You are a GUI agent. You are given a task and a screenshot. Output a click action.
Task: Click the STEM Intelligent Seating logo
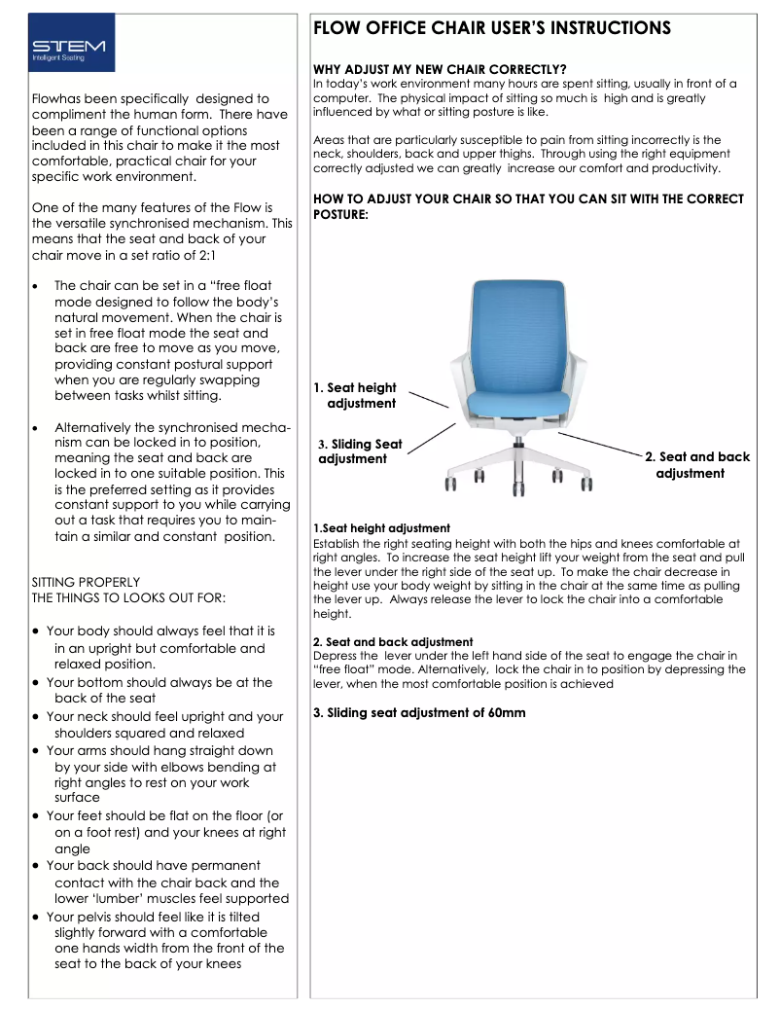pos(71,43)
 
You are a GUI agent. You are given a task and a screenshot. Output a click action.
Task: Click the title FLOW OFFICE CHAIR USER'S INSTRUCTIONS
pos(491,28)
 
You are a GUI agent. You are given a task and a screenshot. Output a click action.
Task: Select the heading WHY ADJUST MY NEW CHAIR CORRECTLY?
pos(440,69)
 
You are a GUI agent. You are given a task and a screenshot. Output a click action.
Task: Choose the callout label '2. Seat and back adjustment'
pos(697,464)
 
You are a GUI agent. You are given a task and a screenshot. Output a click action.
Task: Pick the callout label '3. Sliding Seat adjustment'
pos(360,451)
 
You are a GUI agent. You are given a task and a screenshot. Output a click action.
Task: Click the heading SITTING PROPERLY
pos(86,582)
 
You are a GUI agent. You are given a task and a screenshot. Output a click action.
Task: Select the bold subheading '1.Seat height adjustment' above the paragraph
pos(381,528)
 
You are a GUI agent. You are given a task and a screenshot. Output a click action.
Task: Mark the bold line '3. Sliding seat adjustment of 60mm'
pos(419,712)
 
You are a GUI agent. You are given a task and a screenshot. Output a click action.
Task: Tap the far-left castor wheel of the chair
pos(450,483)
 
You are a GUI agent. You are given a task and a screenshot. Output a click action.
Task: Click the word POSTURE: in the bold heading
pos(340,214)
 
